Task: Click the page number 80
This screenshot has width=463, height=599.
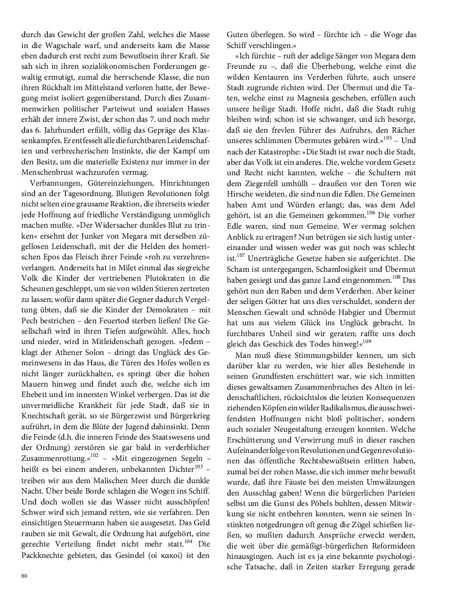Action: tap(24, 576)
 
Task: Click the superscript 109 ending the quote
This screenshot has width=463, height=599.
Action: tap(366, 341)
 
